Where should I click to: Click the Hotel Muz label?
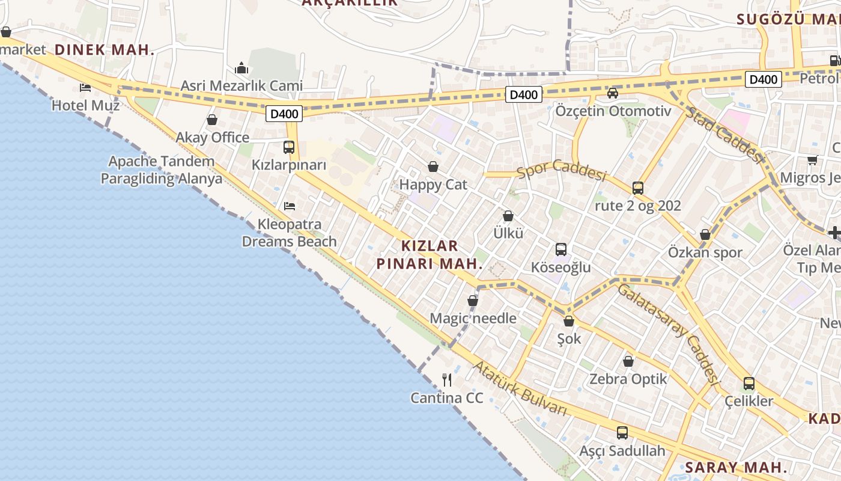click(85, 106)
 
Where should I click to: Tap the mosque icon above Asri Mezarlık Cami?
click(241, 68)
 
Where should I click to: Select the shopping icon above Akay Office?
click(212, 120)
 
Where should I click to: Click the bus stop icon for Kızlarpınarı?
click(289, 147)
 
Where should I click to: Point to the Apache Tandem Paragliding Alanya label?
click(161, 170)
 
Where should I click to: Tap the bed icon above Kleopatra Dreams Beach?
click(290, 206)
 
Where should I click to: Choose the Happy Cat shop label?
click(433, 185)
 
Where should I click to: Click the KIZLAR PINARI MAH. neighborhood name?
click(430, 255)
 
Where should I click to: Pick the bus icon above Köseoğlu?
click(561, 250)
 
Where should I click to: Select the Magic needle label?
click(473, 318)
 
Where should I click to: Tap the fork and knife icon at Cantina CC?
click(447, 380)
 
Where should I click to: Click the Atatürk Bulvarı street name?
click(520, 388)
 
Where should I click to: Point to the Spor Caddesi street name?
click(561, 170)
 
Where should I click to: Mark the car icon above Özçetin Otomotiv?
click(613, 93)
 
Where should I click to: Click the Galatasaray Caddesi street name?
click(669, 334)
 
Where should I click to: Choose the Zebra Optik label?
click(628, 379)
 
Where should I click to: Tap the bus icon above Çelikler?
click(749, 384)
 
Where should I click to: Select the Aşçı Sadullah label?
click(622, 451)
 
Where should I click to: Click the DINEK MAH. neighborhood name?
click(105, 50)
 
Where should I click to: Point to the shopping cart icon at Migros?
click(813, 160)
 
